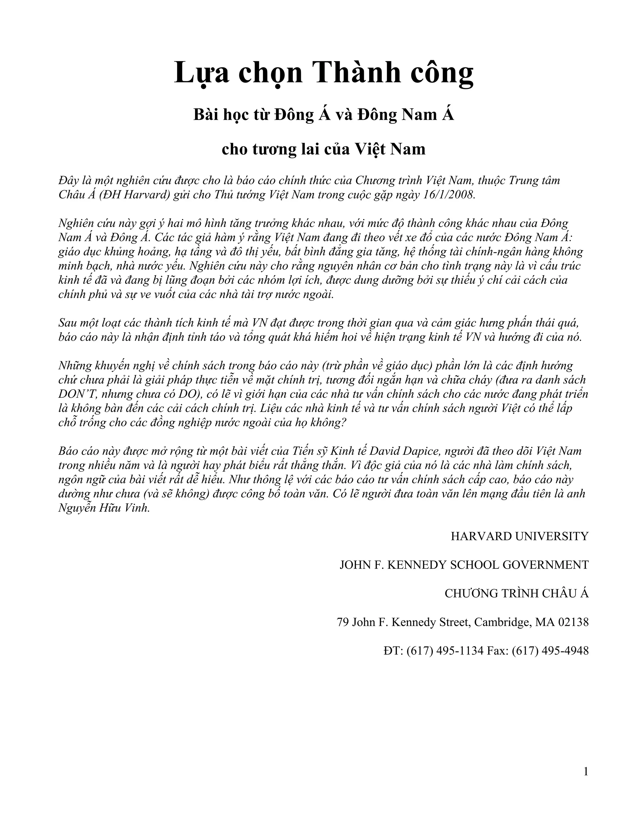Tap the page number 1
coord(586,772)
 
